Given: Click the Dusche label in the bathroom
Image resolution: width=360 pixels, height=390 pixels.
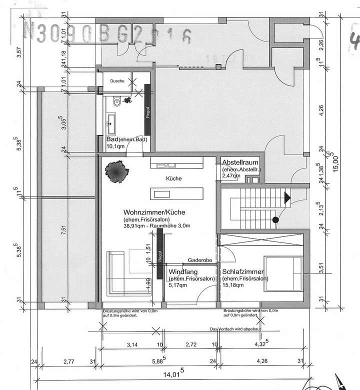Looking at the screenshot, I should (x=117, y=80).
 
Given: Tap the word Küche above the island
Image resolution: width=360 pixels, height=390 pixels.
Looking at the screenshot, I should (x=173, y=178).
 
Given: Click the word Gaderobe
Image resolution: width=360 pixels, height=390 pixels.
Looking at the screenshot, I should (x=201, y=260).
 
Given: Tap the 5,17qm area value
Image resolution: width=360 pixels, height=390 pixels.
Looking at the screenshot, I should (x=178, y=285).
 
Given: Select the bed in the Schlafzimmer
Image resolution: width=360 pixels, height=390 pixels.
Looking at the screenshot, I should (x=283, y=274).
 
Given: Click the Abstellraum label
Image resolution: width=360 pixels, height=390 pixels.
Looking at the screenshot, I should (x=240, y=162).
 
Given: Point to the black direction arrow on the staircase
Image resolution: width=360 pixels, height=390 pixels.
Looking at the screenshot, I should (x=286, y=197).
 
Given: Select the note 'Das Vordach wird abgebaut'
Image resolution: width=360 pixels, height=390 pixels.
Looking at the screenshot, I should (x=233, y=329).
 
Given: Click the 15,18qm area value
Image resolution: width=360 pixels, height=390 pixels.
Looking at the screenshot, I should (x=233, y=285).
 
